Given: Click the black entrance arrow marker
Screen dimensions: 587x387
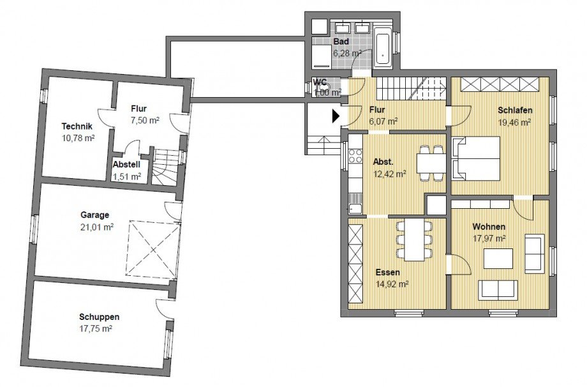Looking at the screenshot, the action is point(336,116).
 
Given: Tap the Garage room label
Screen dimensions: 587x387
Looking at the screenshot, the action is point(94,215).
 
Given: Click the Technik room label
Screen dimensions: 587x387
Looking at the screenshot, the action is point(77,126).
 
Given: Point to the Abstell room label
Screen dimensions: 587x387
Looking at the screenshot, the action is point(126,165).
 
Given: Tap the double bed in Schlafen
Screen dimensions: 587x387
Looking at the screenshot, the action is point(476,158).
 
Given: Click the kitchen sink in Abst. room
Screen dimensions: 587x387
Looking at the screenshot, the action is point(355,204).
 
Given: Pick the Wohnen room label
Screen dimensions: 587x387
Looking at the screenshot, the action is point(489,227).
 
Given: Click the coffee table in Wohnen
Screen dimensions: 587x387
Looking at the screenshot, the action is point(498,259).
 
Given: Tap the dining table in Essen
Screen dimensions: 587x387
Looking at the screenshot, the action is point(414,239).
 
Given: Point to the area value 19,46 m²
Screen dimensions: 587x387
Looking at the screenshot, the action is point(514,122).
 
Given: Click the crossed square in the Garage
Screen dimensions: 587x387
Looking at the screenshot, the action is point(152,250).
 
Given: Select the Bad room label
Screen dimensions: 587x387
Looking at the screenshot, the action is point(341,42).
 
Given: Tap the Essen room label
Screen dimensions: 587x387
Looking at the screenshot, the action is point(387,272).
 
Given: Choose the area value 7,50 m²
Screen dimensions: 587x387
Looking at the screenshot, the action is point(145,120).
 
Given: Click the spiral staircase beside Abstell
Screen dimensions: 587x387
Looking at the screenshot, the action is point(164,167).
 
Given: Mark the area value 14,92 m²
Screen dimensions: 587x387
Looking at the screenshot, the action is point(392,284).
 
